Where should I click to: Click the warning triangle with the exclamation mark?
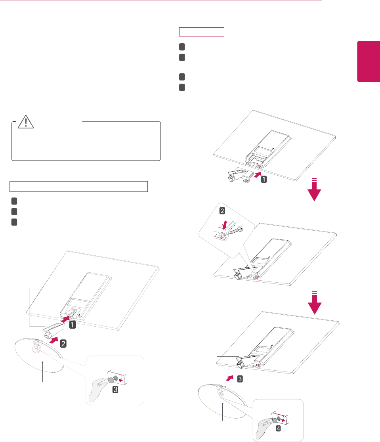coord(26,122)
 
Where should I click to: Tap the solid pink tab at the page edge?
coord(369,61)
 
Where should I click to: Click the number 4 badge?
coord(278,429)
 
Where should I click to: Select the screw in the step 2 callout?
coord(236,230)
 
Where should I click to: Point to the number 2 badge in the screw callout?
coord(222,211)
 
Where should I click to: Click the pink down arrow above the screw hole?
coord(225,225)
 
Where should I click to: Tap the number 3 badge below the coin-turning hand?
coord(115,390)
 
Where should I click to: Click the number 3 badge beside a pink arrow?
coord(240,379)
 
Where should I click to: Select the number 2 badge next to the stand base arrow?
coord(63,344)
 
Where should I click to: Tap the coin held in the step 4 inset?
coord(274,420)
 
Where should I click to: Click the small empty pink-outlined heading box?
coord(202,32)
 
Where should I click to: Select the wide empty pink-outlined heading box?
coord(78,187)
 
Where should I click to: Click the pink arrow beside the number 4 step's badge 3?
coord(230,378)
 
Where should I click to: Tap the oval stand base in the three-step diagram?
coord(39,356)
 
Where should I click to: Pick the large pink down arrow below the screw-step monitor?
coord(315,303)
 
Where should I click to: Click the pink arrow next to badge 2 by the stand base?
coord(53,340)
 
